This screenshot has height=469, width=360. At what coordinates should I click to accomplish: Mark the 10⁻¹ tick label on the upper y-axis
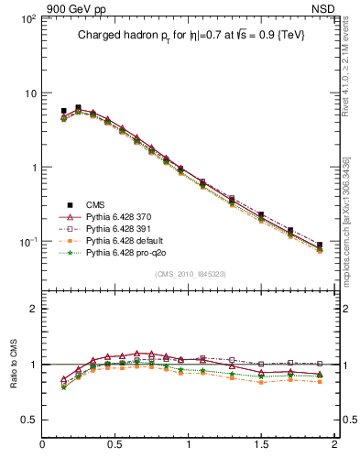(26, 242)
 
